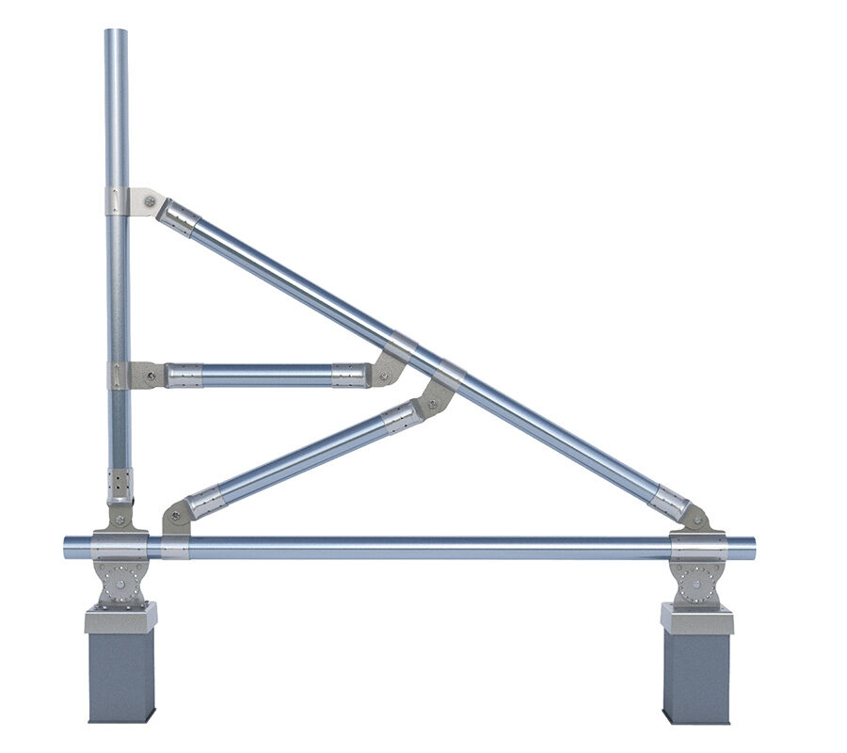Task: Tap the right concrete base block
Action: point(696,676)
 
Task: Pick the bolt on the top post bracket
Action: point(149,200)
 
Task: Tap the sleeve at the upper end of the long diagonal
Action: point(178,218)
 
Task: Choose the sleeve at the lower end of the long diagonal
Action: point(669,503)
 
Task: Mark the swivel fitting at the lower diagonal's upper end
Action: point(435,399)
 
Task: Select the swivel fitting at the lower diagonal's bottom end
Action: point(176,517)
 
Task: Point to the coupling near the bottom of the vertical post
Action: point(120,486)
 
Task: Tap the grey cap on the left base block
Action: point(120,618)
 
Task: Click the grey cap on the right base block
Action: point(696,618)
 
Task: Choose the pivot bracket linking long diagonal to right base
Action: point(695,519)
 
